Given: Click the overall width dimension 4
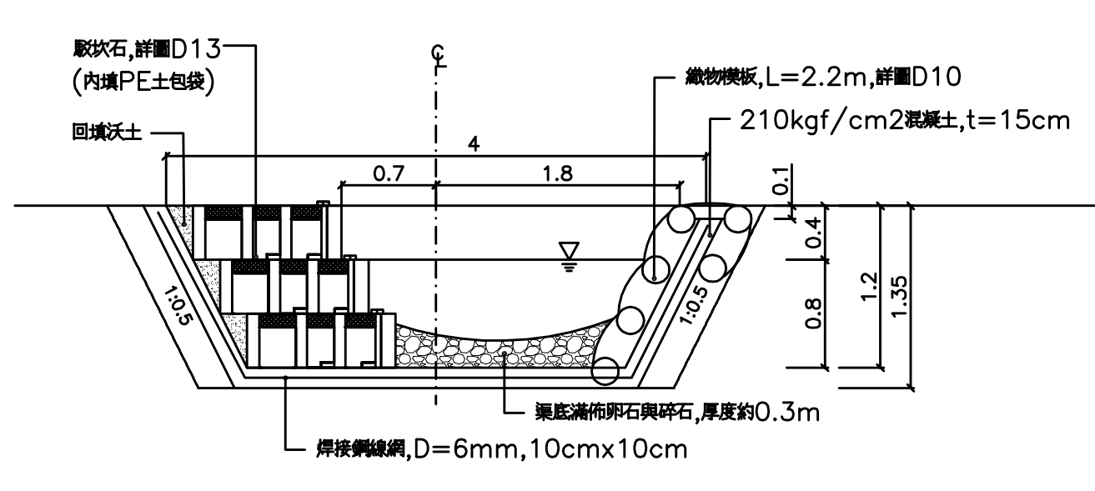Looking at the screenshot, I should click(473, 143).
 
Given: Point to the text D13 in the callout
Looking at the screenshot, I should click(195, 49).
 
